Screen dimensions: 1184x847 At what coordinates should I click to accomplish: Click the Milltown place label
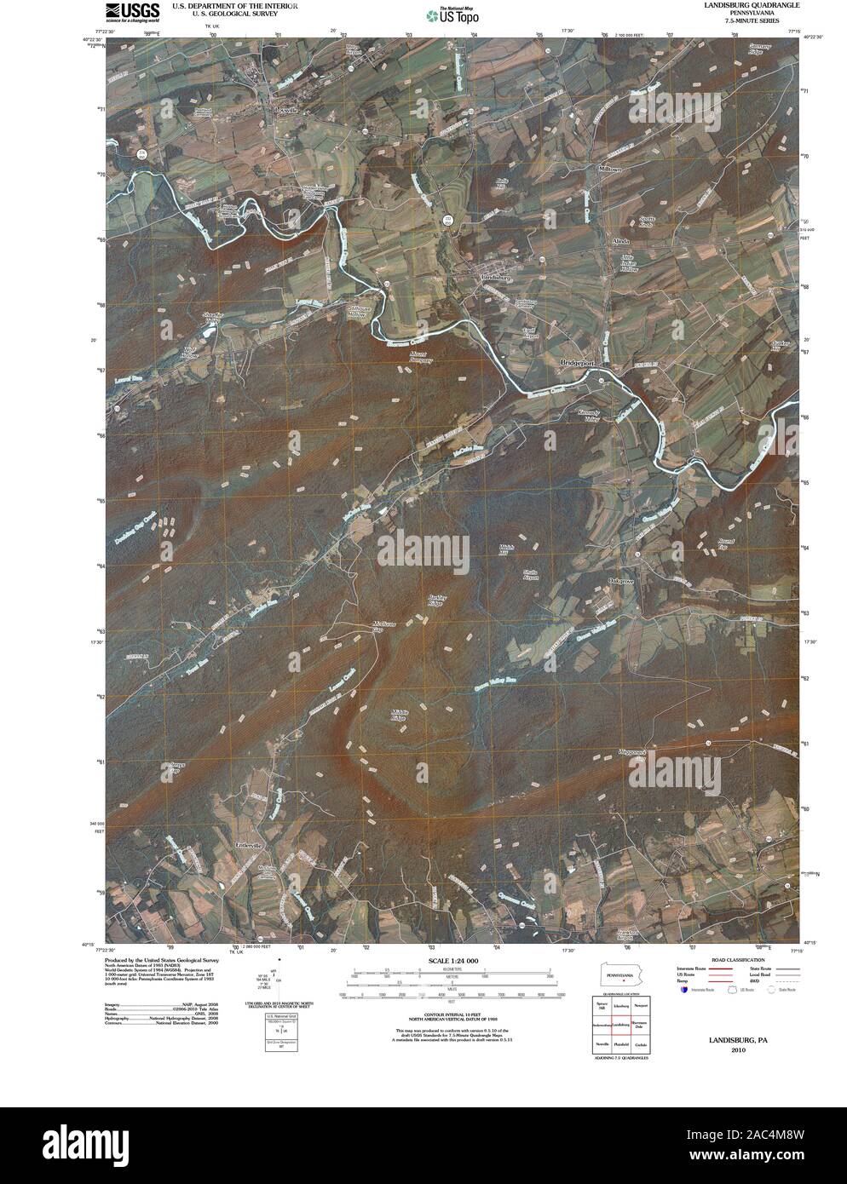pyautogui.click(x=611, y=170)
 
